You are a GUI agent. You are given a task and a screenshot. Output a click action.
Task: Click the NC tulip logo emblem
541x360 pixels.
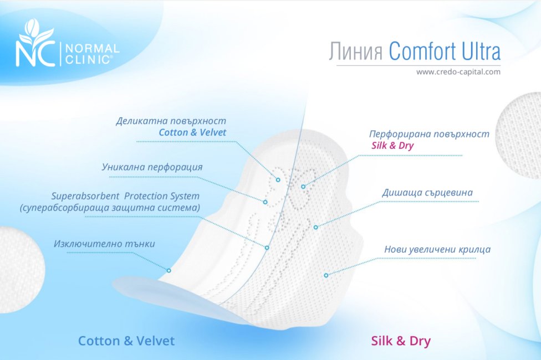tap(35, 43)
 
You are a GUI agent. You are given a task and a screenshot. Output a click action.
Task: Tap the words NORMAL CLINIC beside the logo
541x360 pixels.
tap(92, 54)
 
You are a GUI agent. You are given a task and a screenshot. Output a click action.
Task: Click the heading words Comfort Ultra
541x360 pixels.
tap(445, 51)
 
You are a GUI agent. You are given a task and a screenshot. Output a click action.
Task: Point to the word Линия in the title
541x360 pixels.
tap(356, 52)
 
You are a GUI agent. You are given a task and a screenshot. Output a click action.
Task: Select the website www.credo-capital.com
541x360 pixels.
tap(458, 72)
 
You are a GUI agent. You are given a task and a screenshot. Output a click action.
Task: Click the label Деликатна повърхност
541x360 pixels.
tap(171, 121)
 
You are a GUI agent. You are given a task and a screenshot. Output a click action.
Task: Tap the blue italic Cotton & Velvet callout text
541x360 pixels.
tap(192, 132)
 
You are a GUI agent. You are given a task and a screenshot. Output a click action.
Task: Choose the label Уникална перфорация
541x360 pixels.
tap(152, 167)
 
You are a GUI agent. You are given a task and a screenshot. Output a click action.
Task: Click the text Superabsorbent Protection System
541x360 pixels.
tap(125, 196)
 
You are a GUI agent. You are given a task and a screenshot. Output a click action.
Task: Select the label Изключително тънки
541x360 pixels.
tap(104, 244)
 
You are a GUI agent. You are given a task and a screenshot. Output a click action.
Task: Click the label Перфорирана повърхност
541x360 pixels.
tap(429, 134)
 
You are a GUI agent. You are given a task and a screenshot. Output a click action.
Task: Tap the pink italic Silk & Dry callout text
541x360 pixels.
tap(392, 146)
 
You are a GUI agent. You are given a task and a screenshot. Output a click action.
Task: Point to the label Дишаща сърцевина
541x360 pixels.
tap(427, 192)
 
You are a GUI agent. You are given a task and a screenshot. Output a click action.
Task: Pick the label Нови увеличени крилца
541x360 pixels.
tap(437, 249)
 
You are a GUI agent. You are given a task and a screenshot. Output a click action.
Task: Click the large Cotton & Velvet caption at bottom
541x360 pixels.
tap(126, 341)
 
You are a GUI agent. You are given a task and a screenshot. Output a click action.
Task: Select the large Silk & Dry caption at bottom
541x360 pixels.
tap(401, 341)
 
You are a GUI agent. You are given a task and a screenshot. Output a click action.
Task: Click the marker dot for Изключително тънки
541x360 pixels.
tap(169, 270)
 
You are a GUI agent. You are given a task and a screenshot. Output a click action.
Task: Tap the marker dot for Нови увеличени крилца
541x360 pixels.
tap(326, 275)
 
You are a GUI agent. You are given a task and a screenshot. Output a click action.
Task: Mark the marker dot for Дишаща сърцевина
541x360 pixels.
tap(315, 227)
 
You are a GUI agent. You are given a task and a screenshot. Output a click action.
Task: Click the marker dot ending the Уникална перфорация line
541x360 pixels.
tap(265, 202)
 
